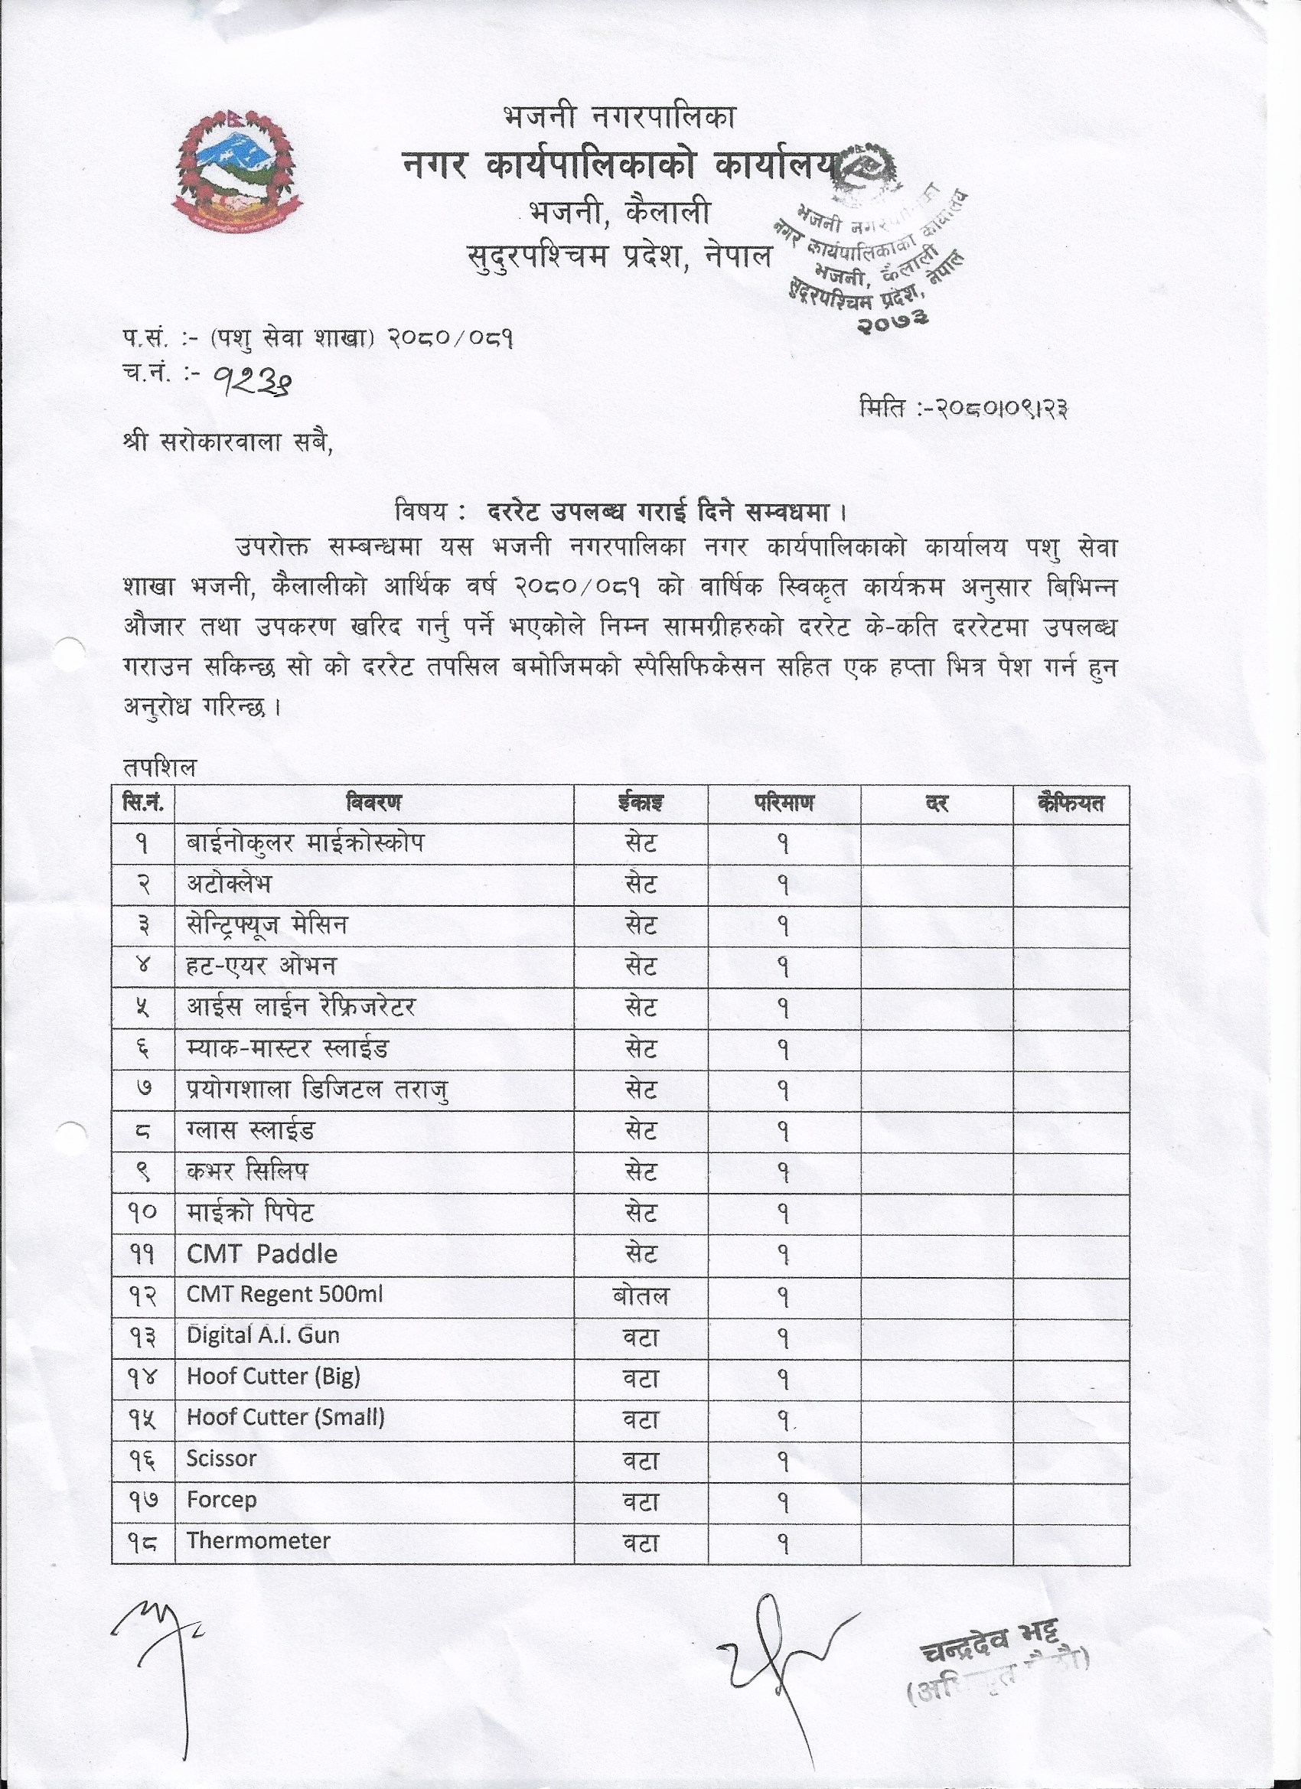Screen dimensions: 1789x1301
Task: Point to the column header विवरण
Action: tap(373, 803)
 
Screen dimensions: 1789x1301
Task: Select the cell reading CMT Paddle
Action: tap(262, 1254)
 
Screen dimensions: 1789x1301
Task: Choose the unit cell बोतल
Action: tap(640, 1296)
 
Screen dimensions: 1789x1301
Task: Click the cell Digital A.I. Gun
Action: tap(262, 1335)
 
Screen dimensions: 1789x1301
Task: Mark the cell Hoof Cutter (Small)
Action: tap(285, 1417)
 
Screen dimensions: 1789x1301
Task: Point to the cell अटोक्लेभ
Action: tap(229, 885)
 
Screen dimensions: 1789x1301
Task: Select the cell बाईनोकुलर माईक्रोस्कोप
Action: tap(305, 844)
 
